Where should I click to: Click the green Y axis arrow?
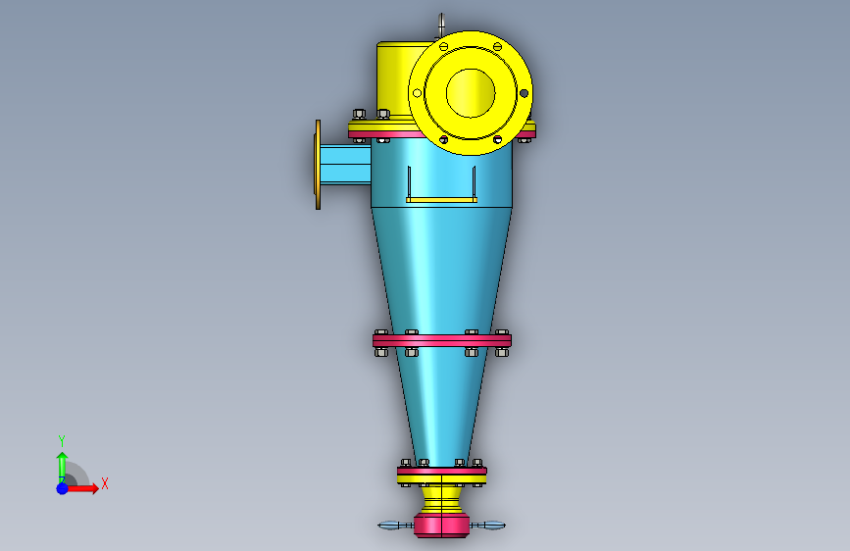(62, 463)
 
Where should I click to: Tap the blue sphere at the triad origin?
(62, 487)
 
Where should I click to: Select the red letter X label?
(104, 483)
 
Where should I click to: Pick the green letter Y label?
(62, 440)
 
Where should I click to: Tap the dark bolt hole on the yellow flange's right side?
(524, 93)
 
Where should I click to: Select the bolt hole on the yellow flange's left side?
(417, 93)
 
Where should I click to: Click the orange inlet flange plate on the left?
(318, 164)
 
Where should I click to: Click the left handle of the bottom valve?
(395, 526)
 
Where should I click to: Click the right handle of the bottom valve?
(490, 526)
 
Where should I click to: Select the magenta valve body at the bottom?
(441, 525)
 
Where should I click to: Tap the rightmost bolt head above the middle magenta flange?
(503, 333)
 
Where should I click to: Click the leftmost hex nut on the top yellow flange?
(358, 114)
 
